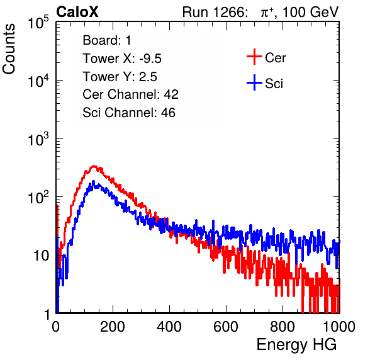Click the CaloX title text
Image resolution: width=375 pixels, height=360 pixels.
click(77, 12)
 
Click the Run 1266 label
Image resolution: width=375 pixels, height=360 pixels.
click(215, 12)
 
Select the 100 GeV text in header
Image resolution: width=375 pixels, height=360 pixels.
click(311, 12)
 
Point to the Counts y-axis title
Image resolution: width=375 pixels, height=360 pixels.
click(9, 49)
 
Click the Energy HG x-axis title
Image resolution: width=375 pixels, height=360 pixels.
click(296, 345)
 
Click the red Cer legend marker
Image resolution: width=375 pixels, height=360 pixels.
click(254, 57)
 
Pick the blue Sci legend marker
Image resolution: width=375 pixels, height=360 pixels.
click(254, 82)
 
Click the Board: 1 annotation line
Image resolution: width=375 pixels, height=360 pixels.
click(107, 40)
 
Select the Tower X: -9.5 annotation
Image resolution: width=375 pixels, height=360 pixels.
click(122, 59)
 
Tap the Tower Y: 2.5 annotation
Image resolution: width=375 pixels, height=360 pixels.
click(120, 77)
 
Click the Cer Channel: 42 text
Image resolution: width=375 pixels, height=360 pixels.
click(130, 94)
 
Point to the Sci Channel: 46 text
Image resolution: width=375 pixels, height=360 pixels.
click(129, 113)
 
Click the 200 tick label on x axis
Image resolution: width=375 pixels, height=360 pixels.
click(113, 327)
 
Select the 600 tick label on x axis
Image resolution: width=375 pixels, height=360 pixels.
click(226, 327)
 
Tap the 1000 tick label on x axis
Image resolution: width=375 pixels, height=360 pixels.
click(339, 327)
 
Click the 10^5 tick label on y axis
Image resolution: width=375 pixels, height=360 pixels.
click(38, 22)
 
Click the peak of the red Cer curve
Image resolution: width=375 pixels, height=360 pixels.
click(94, 166)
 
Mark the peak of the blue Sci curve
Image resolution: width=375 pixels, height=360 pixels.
click(93, 181)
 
